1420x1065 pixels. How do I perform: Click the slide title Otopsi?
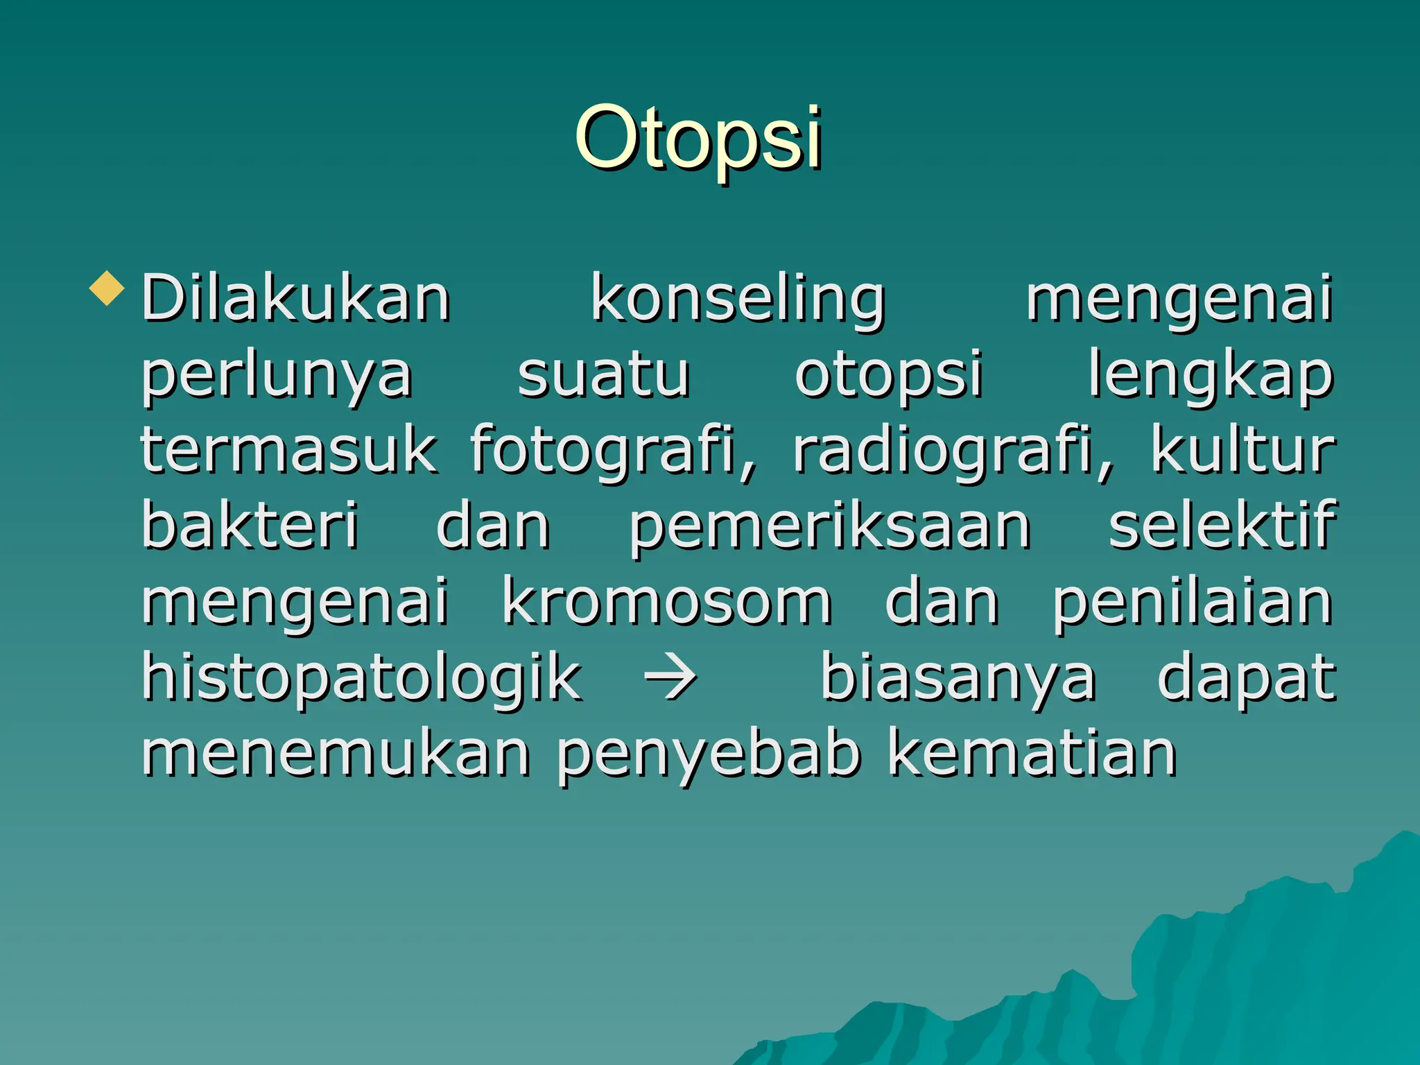click(x=698, y=139)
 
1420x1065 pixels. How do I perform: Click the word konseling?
click(x=738, y=300)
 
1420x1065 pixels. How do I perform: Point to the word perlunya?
click(x=277, y=376)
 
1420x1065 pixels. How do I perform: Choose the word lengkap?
click(x=1210, y=376)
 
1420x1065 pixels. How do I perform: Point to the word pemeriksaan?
click(x=829, y=527)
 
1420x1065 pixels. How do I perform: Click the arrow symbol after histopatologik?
click(x=670, y=676)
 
